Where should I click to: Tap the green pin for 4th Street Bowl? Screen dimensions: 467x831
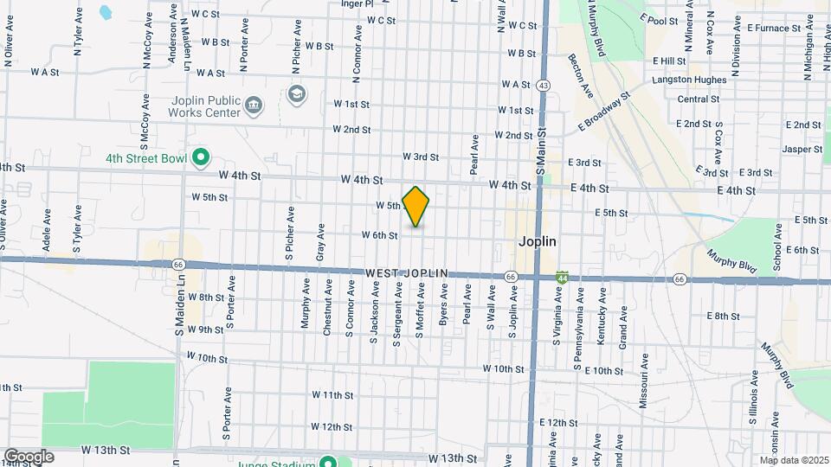coord(201,158)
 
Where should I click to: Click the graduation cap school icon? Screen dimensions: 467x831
coord(297,93)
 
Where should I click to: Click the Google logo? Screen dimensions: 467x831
coord(29,457)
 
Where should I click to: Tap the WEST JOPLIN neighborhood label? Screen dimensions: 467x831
coord(406,273)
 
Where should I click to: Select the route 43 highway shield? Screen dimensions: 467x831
coord(543,85)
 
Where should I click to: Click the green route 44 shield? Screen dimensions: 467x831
coord(563,277)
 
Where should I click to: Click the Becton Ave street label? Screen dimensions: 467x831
coord(581,77)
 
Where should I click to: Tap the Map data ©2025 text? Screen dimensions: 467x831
coord(794,460)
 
